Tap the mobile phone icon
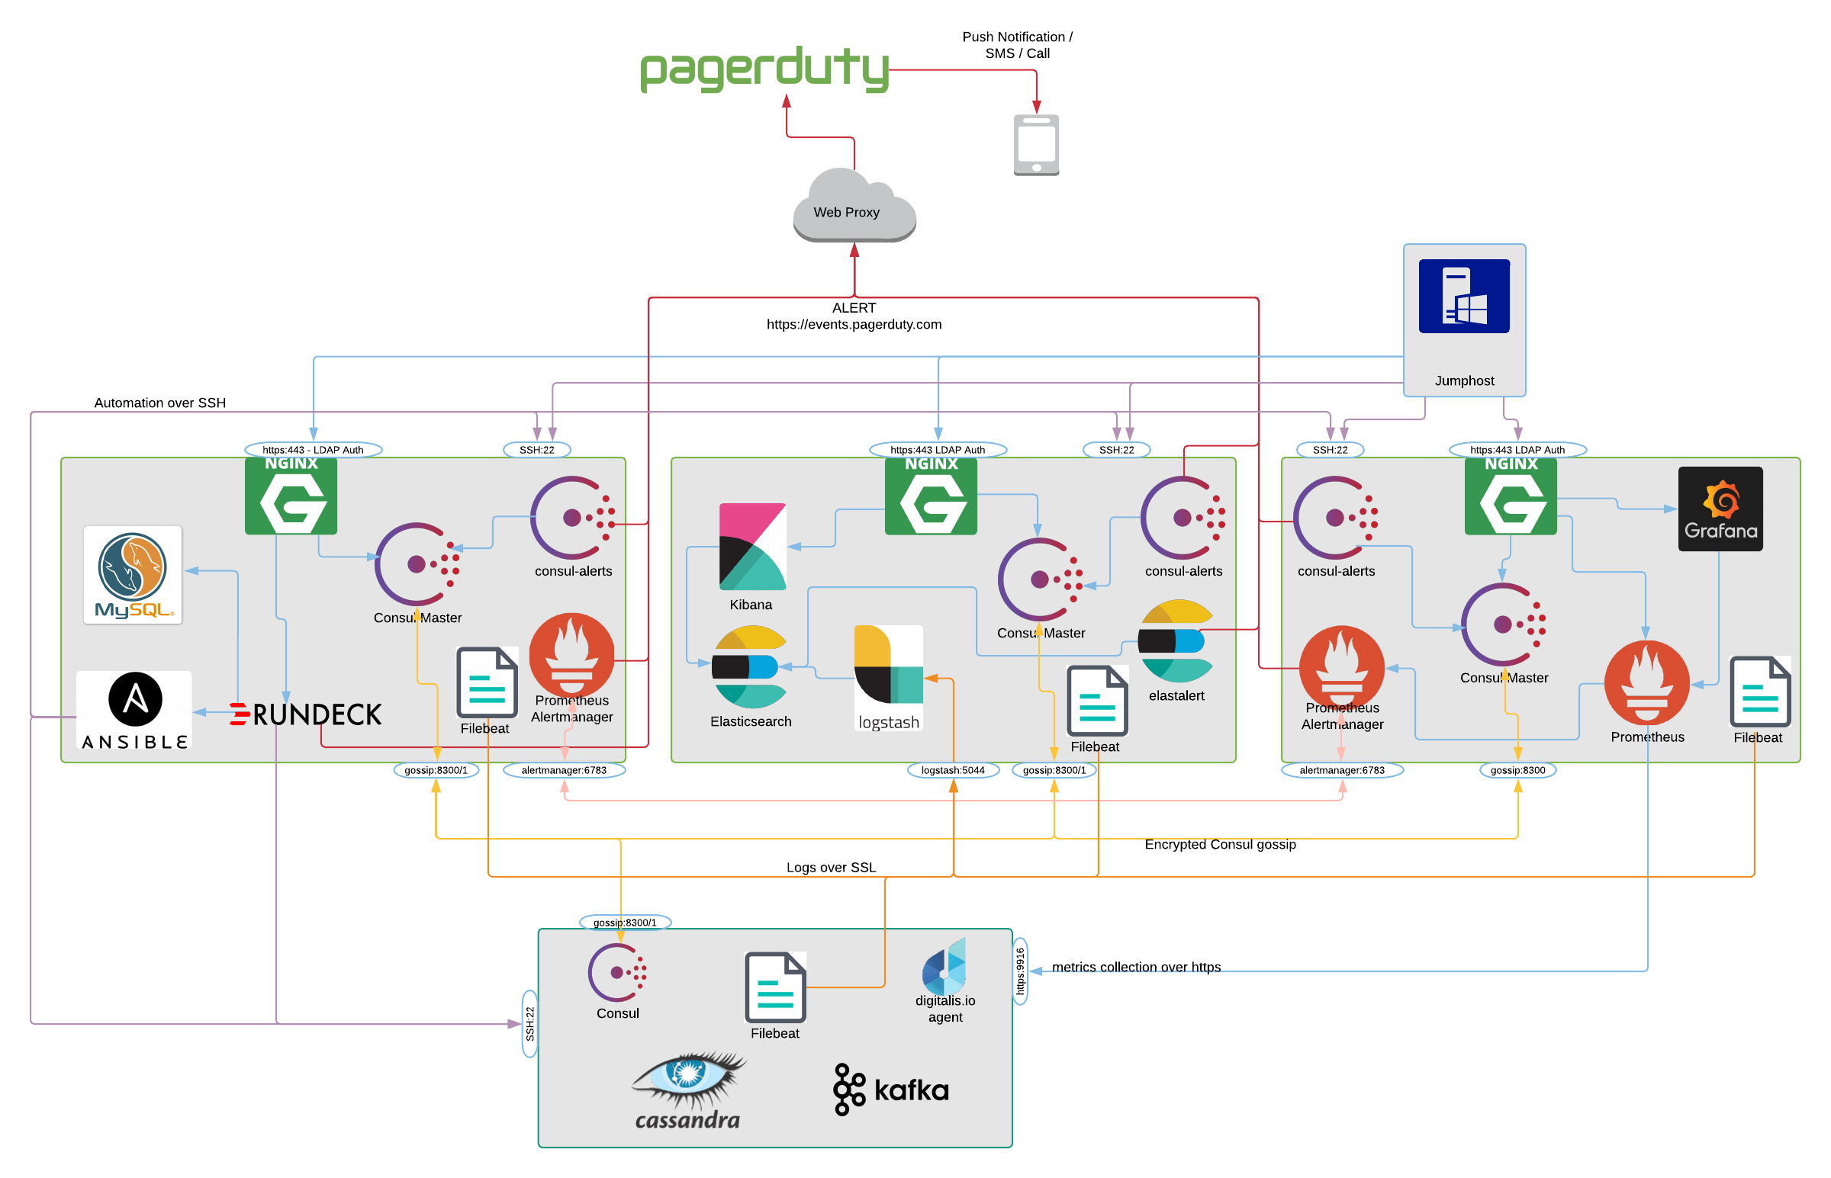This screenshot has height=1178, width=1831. tap(1035, 145)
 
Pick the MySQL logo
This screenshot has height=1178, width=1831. tap(133, 574)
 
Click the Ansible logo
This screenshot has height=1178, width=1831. tap(135, 711)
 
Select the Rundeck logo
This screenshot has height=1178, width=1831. tap(305, 714)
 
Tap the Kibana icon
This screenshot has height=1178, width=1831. tap(751, 546)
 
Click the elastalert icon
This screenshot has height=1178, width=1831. tap(1174, 640)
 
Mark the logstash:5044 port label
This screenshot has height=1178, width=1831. tap(952, 769)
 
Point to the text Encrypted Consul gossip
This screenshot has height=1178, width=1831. tap(1219, 844)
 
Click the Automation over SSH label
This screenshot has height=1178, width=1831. tap(160, 403)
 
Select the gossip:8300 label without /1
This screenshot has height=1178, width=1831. tap(1517, 769)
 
